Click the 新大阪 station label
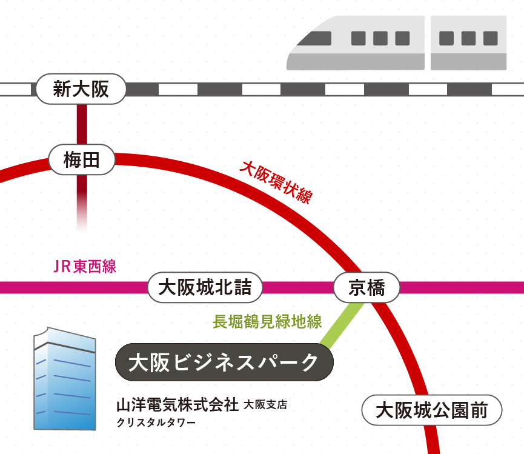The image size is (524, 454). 81,90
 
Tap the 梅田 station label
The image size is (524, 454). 81,161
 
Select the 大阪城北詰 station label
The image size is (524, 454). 205,287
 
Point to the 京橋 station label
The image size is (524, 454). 366,287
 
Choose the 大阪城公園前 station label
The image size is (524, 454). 431,412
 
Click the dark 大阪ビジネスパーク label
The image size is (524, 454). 224,363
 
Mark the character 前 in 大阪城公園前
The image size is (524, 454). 479,412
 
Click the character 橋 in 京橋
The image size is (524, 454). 377,287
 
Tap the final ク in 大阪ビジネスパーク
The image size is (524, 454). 310,363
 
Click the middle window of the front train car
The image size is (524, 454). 380,38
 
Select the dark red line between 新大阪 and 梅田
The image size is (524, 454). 84,124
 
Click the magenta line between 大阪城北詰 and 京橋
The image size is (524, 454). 297,287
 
